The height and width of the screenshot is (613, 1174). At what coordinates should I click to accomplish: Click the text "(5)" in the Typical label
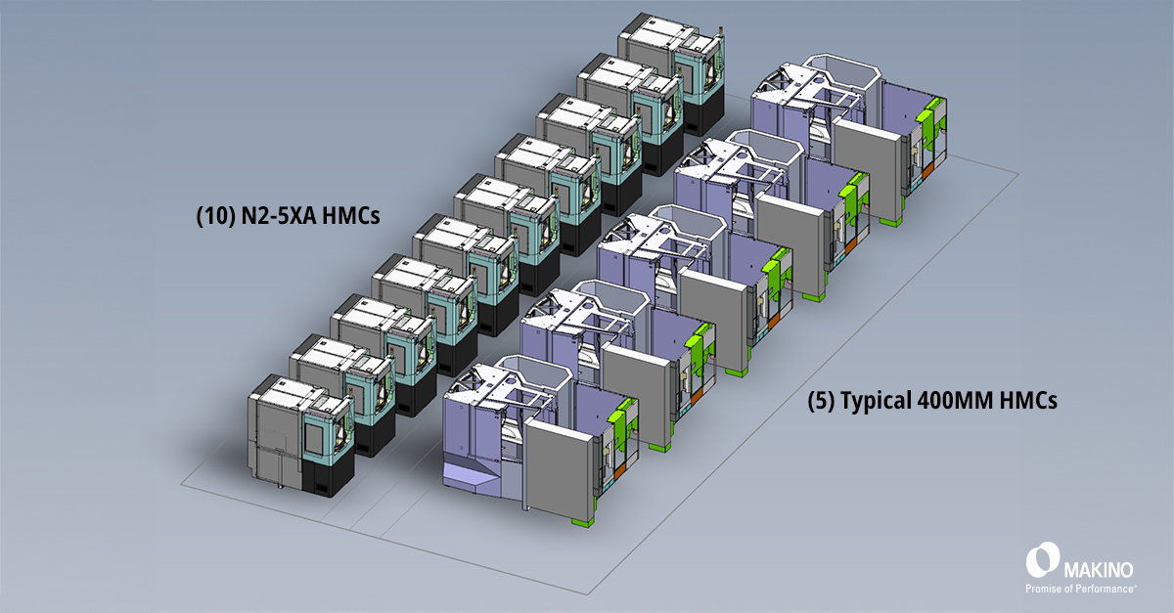click(822, 400)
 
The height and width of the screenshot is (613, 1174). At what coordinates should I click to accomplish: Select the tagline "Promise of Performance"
click(1080, 589)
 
